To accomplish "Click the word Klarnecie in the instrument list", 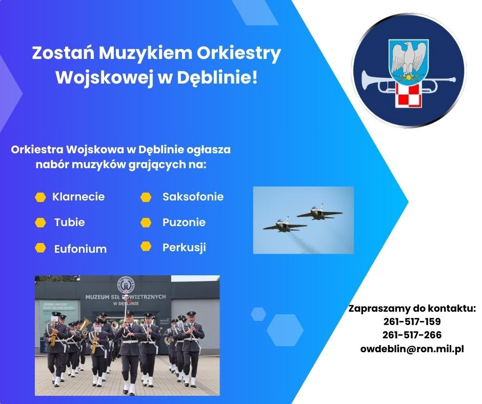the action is click(78, 197).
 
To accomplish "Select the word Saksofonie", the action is click(193, 197).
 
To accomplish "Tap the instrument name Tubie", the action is click(69, 223).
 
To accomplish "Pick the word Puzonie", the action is click(184, 223).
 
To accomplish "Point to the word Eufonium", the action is click(81, 249).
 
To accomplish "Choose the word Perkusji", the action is click(184, 248).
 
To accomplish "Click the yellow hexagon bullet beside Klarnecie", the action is click(41, 197).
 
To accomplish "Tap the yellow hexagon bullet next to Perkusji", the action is click(146, 246).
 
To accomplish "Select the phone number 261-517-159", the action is click(412, 321).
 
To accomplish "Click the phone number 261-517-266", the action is click(412, 335).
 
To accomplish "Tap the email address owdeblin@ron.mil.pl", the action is click(412, 349).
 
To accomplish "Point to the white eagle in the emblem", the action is click(409, 59).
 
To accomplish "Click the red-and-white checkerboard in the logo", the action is click(408, 95).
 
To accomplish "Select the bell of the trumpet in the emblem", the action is click(367, 82).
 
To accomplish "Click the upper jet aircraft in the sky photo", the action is click(319, 212).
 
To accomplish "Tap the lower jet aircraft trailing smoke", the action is click(285, 226).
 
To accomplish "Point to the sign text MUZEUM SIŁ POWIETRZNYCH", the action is click(126, 297).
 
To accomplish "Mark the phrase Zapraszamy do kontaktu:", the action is click(412, 309).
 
